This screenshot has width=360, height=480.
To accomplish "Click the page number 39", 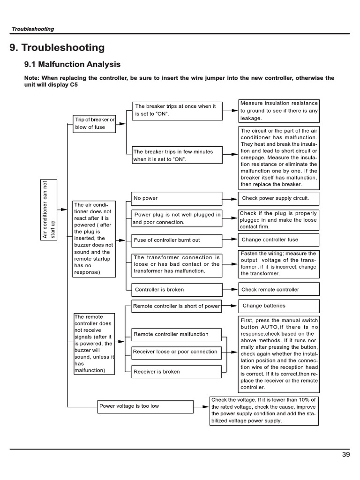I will click(x=345, y=454).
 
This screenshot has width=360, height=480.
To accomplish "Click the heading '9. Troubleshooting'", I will click(x=57, y=47).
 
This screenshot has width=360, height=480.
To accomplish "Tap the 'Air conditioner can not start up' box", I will click(x=48, y=209).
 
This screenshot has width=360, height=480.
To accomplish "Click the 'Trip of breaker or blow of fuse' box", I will click(x=94, y=123).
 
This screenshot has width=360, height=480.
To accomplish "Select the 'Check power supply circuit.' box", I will click(x=278, y=198).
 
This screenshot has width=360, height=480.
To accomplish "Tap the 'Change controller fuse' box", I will click(x=278, y=240).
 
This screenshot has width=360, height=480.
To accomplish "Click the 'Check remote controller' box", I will click(x=278, y=290).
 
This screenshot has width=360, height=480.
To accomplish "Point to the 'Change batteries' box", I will click(x=278, y=306).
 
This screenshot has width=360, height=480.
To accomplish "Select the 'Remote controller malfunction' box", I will click(x=176, y=335).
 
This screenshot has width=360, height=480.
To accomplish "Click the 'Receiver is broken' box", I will click(x=176, y=372).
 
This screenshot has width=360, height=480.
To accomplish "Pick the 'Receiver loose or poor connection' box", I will click(x=176, y=352).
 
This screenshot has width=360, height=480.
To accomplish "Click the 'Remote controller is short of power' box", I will click(x=176, y=307).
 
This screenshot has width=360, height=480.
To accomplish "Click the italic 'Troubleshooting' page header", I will click(x=33, y=29).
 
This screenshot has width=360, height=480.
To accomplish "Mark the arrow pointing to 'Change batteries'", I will click(x=229, y=307).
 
